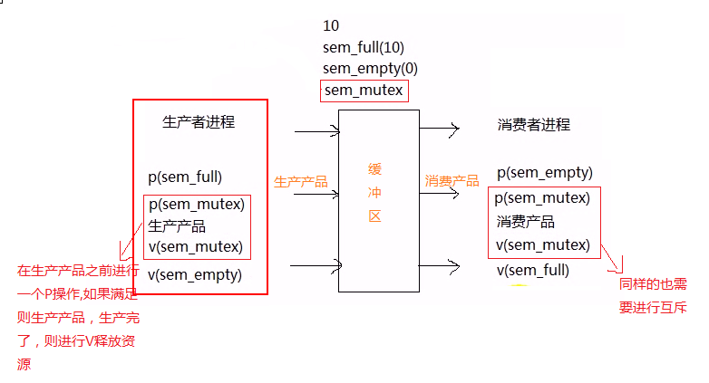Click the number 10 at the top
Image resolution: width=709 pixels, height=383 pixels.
331,25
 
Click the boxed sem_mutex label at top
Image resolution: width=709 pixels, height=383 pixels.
364,91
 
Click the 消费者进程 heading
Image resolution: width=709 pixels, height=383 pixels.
534,125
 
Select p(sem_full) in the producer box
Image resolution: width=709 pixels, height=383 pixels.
185,177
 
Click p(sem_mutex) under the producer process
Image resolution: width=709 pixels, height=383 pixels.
196,205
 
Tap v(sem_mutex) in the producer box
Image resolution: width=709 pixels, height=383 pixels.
196,246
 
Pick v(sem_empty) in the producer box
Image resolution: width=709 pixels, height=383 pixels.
195,275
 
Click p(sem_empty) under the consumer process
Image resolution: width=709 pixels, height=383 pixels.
544,172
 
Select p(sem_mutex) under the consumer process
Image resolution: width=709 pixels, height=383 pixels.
543,197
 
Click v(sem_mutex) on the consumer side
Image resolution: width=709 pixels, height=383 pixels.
543,244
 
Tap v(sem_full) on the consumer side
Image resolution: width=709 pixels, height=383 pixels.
533,270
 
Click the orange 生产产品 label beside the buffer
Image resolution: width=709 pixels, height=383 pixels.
300,182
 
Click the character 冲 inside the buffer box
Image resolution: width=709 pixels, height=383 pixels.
374,193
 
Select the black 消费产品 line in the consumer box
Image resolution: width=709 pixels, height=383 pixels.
526,222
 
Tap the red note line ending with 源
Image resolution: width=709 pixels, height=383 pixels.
24,364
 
